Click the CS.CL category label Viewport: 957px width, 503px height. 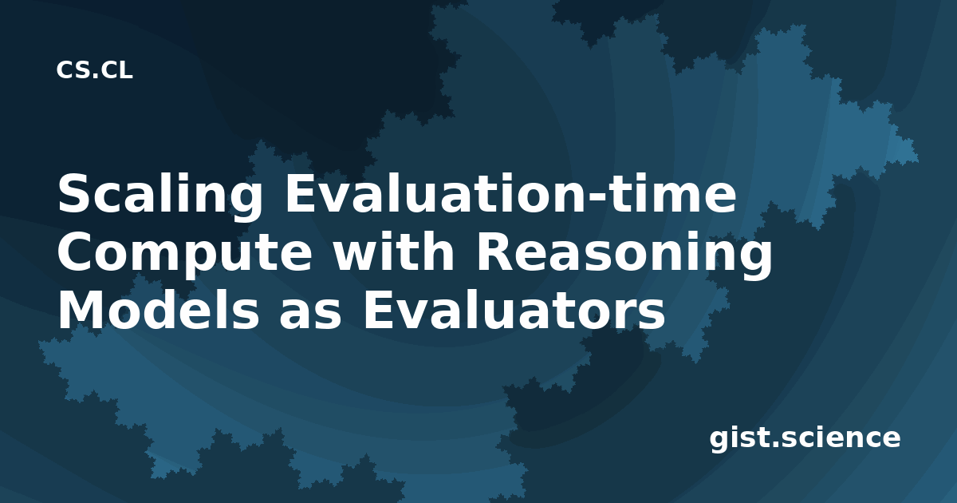coord(94,70)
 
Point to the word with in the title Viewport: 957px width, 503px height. coord(393,252)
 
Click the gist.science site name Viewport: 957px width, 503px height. coord(805,439)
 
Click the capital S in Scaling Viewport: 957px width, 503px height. coord(74,193)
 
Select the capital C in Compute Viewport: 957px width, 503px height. coord(74,252)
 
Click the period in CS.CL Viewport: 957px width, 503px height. coord(94,76)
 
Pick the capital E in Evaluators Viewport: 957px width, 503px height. coord(379,310)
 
